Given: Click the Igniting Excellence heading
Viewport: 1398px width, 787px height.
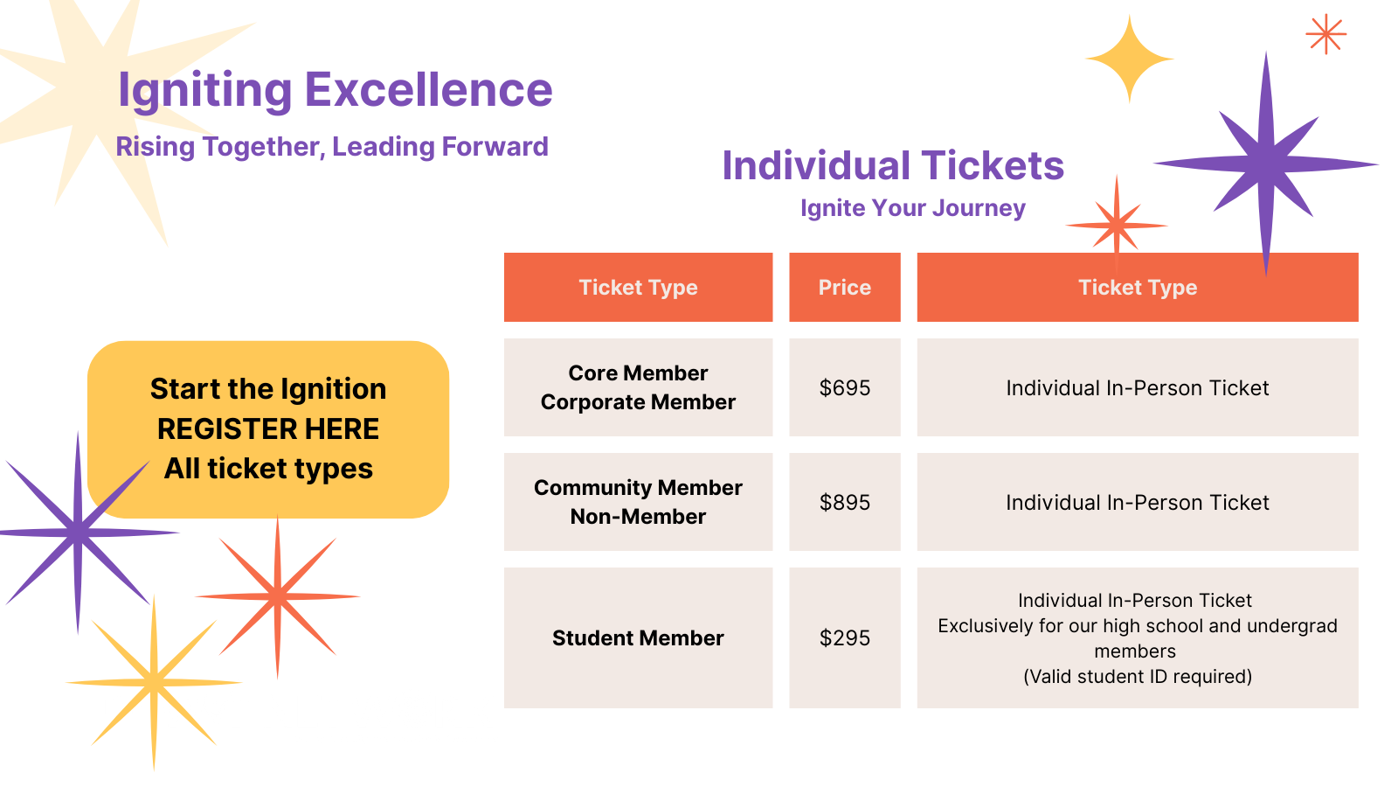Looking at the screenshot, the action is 336,90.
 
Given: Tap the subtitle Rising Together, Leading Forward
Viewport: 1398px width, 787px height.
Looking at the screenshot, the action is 332,147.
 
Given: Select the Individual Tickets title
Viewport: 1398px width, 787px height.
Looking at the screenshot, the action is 892,165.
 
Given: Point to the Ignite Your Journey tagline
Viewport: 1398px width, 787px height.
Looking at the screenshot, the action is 912,208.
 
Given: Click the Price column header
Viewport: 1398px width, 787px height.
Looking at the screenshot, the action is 844,288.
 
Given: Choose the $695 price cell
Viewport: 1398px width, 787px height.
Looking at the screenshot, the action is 844,387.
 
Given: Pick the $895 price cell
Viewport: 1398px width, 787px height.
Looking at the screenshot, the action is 844,502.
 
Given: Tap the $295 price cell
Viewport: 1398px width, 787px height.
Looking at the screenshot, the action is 844,637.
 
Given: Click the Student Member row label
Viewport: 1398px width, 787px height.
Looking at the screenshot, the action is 638,637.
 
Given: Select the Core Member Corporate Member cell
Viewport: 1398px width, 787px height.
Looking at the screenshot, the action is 638,387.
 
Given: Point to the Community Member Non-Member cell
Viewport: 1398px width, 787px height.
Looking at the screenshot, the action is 638,502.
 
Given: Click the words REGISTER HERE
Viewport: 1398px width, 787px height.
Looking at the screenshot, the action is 267,429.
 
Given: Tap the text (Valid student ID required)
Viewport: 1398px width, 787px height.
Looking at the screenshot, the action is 1137,677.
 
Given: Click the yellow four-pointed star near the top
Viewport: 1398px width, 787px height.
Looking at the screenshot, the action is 1129,59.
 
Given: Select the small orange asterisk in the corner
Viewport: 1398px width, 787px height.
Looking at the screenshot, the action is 1325,34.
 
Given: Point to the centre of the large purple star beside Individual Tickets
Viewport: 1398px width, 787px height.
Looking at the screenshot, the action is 1266,164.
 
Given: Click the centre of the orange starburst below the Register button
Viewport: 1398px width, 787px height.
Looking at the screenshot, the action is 278,596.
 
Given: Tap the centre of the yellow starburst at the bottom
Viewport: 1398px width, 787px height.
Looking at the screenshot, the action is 154,683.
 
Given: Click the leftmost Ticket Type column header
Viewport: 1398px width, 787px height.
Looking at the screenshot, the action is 638,288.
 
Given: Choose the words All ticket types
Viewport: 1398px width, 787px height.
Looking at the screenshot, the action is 267,469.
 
